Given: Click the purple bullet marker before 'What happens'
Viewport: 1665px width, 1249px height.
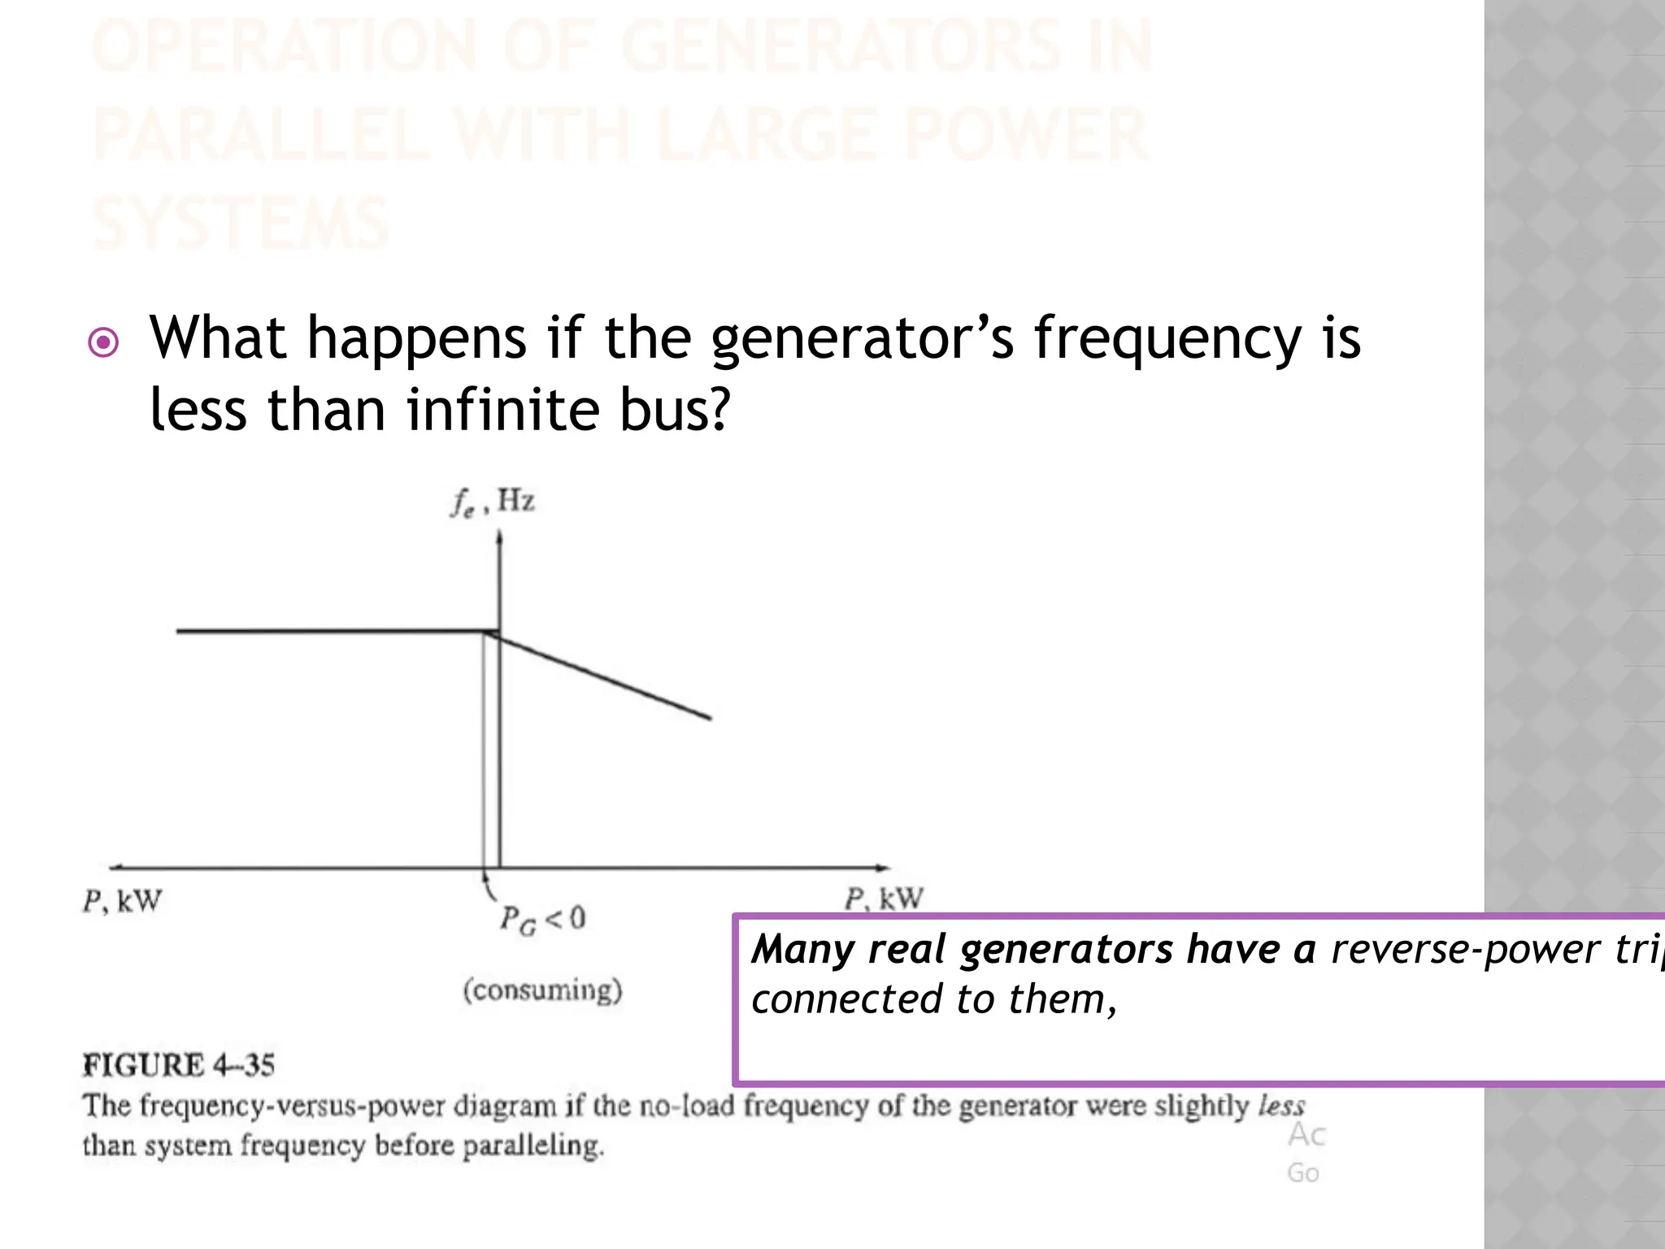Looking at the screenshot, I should tap(103, 342).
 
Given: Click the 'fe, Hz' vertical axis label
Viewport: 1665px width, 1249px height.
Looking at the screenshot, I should tap(493, 502).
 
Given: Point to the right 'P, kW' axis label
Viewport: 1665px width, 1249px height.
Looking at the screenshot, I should tap(884, 899).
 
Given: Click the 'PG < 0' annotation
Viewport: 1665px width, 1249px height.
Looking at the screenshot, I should tap(541, 920).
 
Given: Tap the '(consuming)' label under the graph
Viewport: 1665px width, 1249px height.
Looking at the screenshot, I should tap(542, 990).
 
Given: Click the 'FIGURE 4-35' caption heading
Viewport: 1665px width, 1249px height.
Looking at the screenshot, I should tap(179, 1065).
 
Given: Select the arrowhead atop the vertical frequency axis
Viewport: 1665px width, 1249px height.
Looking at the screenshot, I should tap(499, 537).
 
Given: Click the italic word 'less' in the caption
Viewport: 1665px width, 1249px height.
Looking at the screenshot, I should tap(1281, 1106).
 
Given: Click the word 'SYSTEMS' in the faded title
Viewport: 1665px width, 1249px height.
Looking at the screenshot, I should tap(241, 224).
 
